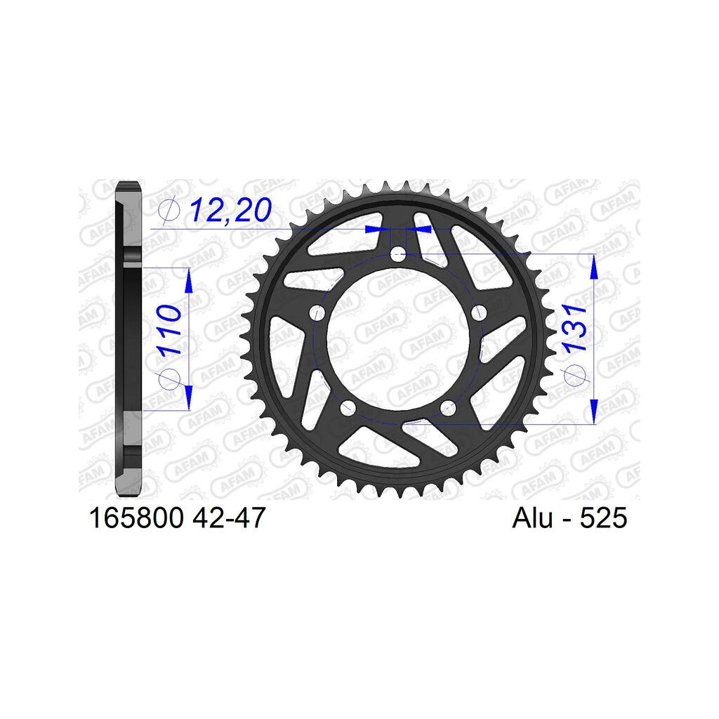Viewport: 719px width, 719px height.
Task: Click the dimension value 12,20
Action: pyautogui.click(x=230, y=210)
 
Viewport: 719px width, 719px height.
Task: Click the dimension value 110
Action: pyautogui.click(x=169, y=329)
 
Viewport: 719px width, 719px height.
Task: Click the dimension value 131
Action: pyautogui.click(x=575, y=328)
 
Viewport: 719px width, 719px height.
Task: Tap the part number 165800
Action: pyautogui.click(x=136, y=518)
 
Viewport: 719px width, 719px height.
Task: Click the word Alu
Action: pyautogui.click(x=532, y=518)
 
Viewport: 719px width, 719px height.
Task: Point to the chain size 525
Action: pyautogui.click(x=603, y=518)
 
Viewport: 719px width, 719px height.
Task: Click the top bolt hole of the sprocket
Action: pyautogui.click(x=397, y=253)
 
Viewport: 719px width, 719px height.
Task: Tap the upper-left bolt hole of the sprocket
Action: pyautogui.click(x=317, y=313)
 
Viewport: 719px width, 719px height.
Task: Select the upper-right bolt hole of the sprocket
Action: pyautogui.click(x=479, y=312)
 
